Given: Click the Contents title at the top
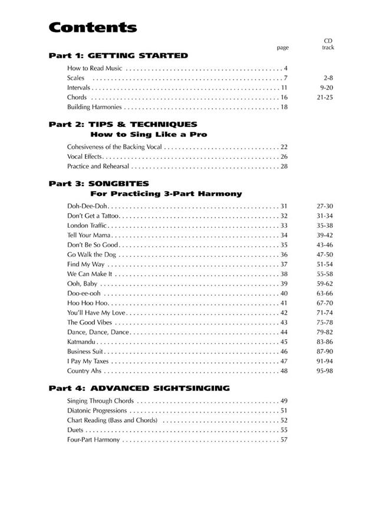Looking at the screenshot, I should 93,27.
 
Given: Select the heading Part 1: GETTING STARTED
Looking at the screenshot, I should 118,55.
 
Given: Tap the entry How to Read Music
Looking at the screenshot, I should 95,68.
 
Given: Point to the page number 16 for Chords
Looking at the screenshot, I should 284,97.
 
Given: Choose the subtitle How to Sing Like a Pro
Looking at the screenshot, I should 149,135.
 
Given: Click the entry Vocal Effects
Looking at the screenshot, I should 85,156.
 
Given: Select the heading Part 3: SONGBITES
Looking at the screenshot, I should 98,184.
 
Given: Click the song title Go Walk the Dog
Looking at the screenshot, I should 91,254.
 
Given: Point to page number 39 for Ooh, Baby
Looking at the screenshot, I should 284,284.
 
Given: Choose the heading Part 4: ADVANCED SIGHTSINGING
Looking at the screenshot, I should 139,388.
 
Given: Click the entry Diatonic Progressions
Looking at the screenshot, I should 97,410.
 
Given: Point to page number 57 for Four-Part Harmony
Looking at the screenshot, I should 284,439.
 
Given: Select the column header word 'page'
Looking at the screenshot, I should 282,48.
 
